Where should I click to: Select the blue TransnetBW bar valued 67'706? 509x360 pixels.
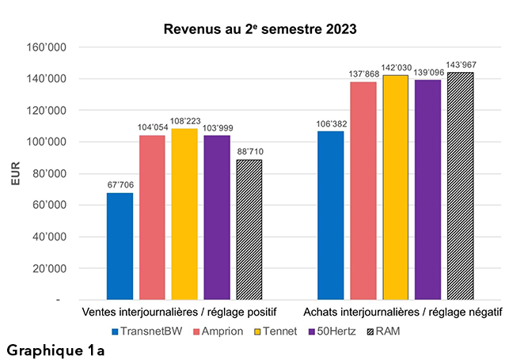click(x=120, y=246)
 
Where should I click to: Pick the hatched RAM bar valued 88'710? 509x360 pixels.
click(x=248, y=229)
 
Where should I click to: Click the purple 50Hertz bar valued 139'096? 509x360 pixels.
click(x=427, y=190)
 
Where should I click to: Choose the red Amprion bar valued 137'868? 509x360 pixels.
click(x=363, y=191)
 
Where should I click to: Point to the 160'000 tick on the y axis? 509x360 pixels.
click(x=70, y=47)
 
